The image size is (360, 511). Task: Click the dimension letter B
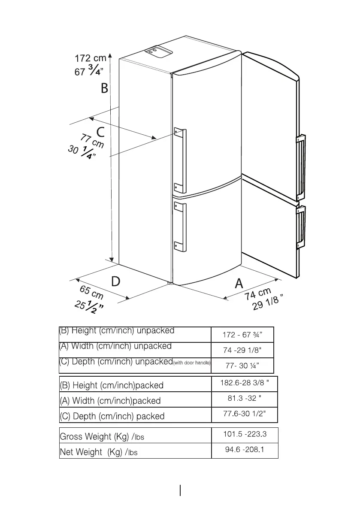coord(105,89)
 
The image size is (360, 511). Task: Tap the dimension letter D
coord(115,281)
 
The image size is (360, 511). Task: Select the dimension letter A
coord(239,283)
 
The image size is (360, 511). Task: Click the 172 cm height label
coord(90,58)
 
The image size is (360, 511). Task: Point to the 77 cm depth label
coord(92,142)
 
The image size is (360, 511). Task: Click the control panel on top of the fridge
coord(157,51)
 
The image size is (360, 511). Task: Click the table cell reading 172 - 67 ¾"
coord(242,335)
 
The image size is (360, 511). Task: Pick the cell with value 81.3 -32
coord(244,399)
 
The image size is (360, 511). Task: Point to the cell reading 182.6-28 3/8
coord(244,383)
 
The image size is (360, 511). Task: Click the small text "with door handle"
coord(191,363)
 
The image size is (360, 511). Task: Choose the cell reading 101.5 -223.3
coord(245,434)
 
